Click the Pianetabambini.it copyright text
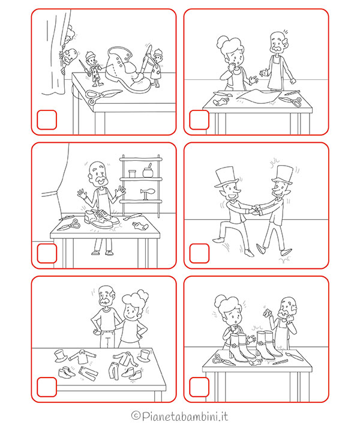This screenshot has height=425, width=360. coord(179,416)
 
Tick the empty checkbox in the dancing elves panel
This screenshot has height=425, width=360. coord(199,253)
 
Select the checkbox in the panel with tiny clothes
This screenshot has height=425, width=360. coord(47,387)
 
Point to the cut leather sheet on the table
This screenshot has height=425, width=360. coord(257,97)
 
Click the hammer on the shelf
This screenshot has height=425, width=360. coord(148,193)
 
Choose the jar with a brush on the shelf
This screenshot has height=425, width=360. coord(148,171)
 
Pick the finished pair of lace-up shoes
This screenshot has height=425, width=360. coord(101,219)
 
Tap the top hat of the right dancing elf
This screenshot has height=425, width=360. coord(283,175)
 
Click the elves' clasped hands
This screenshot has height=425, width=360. coord(256,210)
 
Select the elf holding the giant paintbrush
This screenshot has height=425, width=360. coord(156,68)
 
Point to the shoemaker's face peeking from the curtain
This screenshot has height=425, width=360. coord(68,58)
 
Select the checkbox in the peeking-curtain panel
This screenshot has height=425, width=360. coord(47,119)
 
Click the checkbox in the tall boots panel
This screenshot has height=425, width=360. coord(199,387)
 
